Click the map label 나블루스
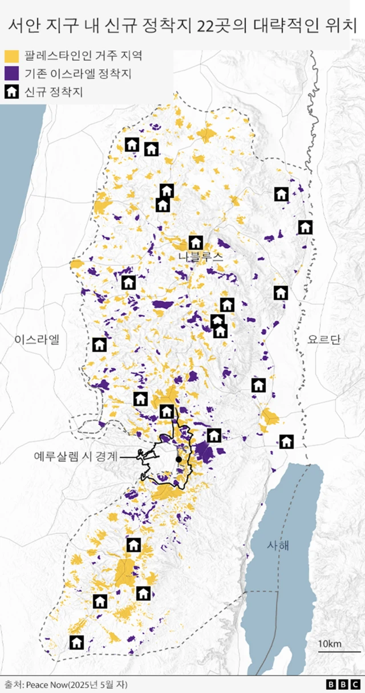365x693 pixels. tap(200, 257)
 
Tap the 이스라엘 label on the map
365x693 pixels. tap(37, 340)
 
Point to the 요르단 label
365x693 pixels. tap(324, 340)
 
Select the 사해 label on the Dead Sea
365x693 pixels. tap(278, 545)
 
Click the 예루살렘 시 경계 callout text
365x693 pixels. tap(76, 456)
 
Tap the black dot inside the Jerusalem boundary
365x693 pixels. tap(179, 459)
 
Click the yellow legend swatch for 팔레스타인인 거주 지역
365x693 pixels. tap(12, 56)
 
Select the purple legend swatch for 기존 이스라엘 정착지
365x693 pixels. tap(12, 74)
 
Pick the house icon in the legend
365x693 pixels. tap(12, 91)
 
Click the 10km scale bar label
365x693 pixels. tap(330, 644)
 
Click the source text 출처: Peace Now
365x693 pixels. tap(66, 684)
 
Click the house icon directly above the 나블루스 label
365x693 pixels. tap(196, 242)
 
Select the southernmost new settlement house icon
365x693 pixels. tap(76, 642)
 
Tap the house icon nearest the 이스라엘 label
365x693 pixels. tap(99, 344)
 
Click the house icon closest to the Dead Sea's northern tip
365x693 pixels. tap(286, 441)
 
